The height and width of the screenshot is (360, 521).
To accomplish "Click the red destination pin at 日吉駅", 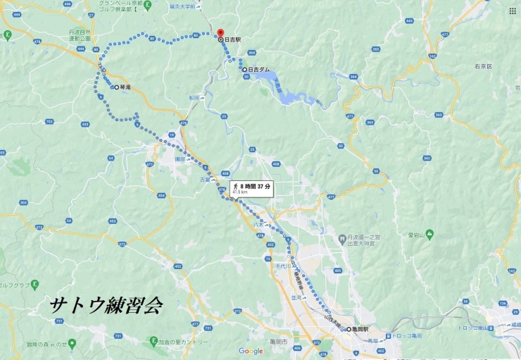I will click(220, 33).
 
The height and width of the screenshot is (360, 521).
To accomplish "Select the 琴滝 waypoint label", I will click(126, 87).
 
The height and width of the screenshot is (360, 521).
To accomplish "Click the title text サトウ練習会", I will click(106, 305).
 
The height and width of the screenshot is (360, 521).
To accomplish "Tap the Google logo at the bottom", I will click(251, 350).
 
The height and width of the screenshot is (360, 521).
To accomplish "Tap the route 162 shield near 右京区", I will click(432, 55).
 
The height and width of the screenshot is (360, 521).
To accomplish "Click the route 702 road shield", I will click(49, 122).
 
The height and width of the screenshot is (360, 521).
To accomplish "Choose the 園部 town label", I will click(180, 159).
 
